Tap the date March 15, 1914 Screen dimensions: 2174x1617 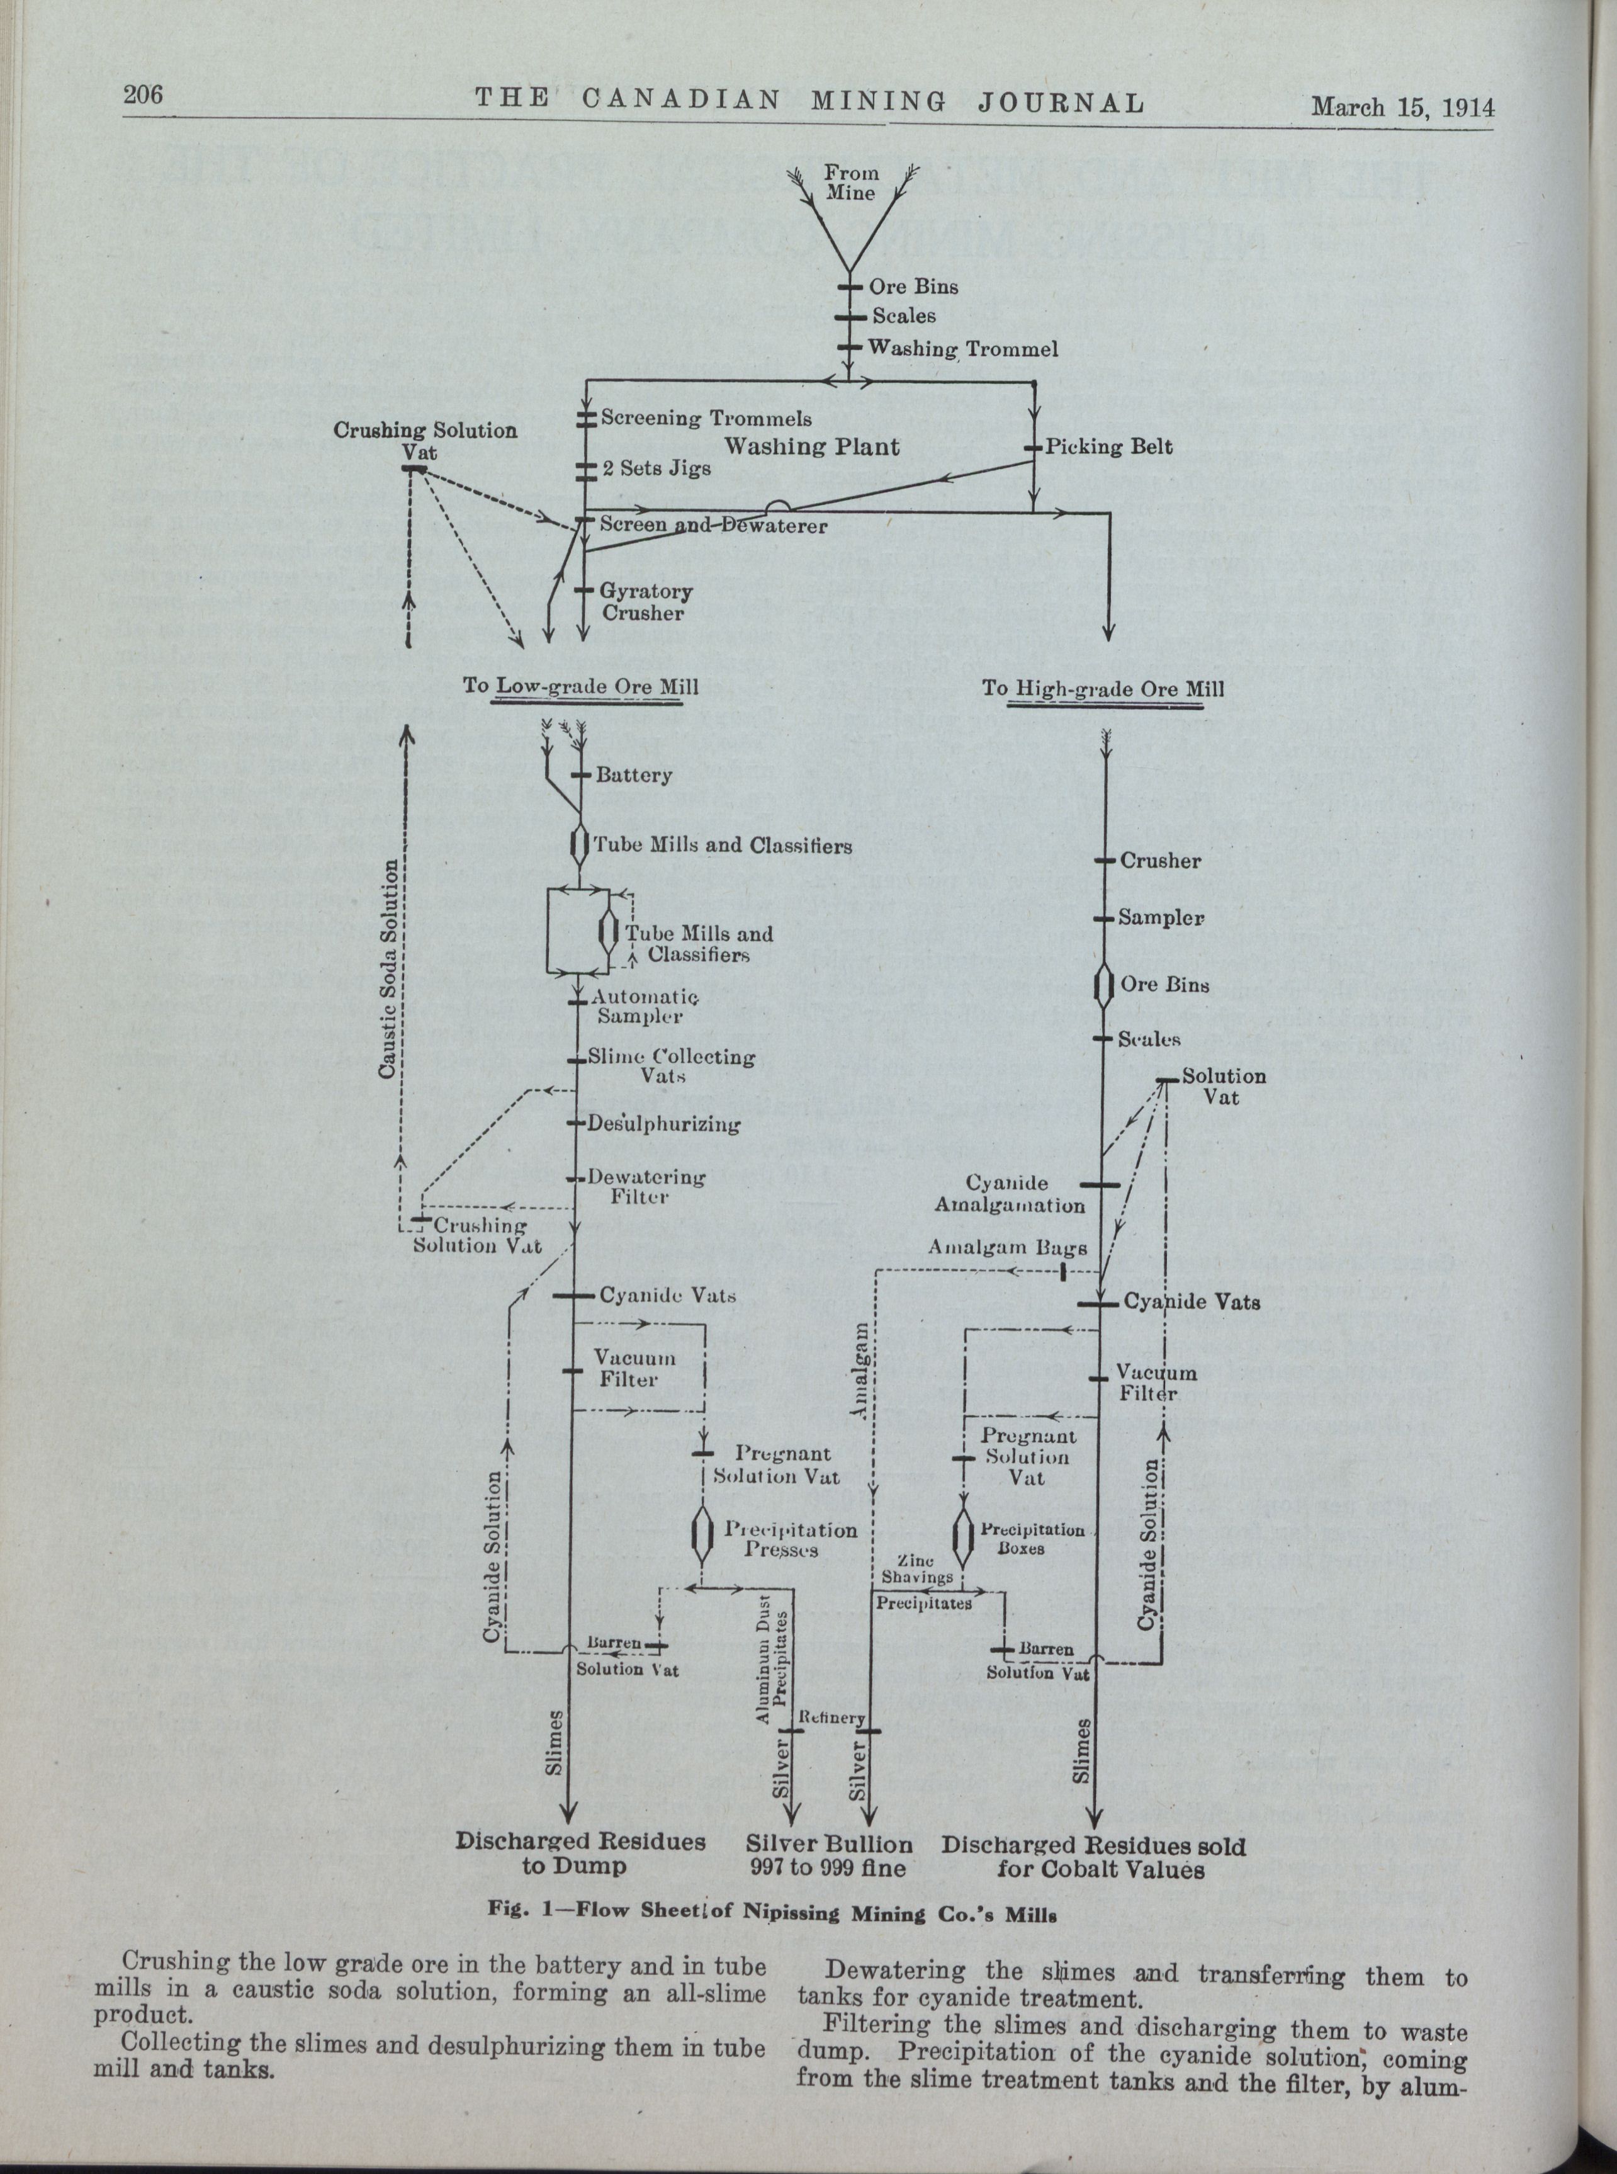(1402, 106)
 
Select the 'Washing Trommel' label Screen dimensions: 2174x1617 (962, 348)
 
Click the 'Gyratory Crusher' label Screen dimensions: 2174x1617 (646, 602)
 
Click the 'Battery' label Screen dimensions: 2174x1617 (633, 775)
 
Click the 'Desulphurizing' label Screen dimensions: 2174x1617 (663, 1124)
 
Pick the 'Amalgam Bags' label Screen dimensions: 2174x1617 (1007, 1249)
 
